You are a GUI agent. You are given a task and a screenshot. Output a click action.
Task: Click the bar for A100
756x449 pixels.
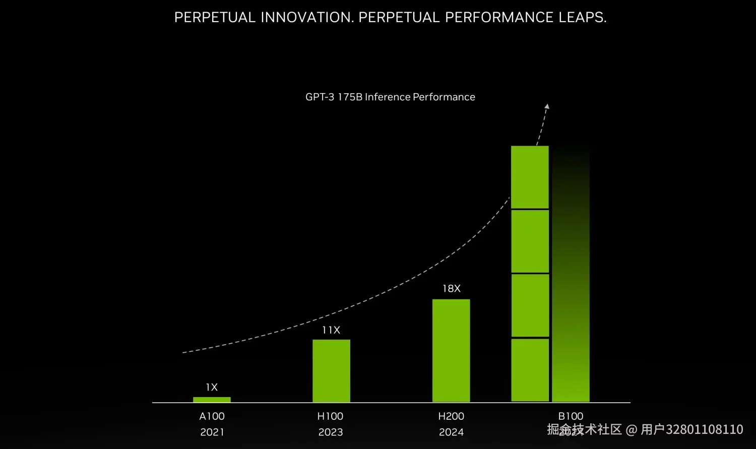point(212,400)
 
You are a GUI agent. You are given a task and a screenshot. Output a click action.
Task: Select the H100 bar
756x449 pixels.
point(331,371)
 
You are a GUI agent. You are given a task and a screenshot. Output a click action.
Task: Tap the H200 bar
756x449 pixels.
point(451,351)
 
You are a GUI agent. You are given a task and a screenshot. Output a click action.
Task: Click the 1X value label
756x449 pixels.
point(212,387)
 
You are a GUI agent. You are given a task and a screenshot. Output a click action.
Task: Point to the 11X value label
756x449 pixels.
point(331,330)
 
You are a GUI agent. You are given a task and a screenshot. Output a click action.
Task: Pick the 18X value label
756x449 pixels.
point(451,289)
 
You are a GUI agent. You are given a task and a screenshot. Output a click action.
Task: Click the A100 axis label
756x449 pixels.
point(212,416)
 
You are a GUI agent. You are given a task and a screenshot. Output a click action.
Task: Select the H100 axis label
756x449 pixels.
point(330,416)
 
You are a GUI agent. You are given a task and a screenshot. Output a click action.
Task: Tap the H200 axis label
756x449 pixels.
point(451,416)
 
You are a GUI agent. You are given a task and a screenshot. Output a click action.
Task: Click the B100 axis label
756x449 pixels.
point(571,416)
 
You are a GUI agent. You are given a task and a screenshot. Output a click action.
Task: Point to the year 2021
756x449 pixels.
point(212,432)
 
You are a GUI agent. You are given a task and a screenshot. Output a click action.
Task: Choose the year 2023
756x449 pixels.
point(331,432)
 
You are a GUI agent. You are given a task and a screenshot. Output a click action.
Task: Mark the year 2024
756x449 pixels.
point(451,432)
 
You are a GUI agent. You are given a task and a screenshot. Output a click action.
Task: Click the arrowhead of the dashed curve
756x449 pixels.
point(547,106)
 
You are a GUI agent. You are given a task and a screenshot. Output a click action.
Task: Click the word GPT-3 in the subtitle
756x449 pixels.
point(320,97)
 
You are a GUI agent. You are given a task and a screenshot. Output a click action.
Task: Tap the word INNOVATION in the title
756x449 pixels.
point(307,17)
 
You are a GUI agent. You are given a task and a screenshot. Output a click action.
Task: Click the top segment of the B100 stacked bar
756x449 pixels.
point(530,177)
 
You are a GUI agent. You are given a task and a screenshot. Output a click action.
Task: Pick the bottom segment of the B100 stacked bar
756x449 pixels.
point(530,370)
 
